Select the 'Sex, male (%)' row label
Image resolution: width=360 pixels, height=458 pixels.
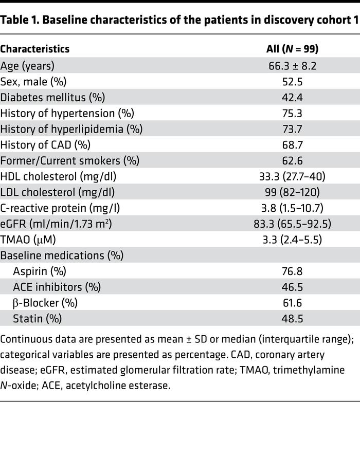[33, 82]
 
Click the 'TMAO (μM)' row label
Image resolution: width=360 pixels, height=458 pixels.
[28, 239]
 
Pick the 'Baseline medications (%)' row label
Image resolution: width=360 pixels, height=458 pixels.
[62, 255]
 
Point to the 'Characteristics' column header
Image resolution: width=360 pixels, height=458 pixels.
[35, 49]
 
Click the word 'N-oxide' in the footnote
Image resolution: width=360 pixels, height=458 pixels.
[17, 385]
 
